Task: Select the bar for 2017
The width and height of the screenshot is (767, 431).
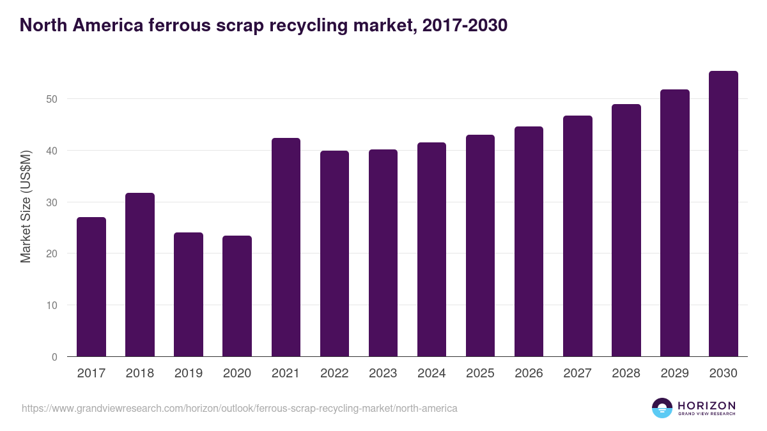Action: click(x=91, y=287)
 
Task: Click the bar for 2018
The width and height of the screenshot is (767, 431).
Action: click(x=140, y=275)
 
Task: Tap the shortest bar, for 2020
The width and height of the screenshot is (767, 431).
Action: click(x=237, y=296)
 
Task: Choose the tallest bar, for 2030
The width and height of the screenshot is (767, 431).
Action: click(x=723, y=214)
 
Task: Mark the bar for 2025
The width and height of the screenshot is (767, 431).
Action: click(x=480, y=246)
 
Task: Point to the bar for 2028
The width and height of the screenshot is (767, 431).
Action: click(x=626, y=231)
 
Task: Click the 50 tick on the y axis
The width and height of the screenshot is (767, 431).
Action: click(x=52, y=99)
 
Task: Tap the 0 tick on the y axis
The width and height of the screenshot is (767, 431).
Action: click(x=54, y=357)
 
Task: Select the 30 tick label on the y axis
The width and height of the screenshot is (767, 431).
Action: click(x=52, y=202)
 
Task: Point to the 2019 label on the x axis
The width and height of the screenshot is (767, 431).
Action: click(x=189, y=374)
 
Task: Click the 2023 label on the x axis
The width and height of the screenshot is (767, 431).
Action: click(x=383, y=374)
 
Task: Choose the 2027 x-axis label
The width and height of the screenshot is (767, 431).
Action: click(x=577, y=374)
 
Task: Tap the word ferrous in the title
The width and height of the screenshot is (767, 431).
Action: click(x=176, y=25)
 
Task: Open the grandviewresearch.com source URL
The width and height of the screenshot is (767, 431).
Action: click(x=240, y=408)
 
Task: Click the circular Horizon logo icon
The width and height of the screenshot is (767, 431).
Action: click(x=662, y=408)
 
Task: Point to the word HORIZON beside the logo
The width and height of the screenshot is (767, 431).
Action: click(x=706, y=405)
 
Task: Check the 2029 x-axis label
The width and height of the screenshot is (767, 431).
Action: click(x=674, y=374)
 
